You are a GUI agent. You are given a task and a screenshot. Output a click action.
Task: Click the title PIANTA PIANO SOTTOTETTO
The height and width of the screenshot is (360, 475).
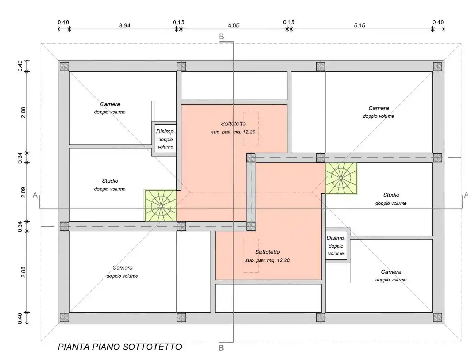coord(119,347)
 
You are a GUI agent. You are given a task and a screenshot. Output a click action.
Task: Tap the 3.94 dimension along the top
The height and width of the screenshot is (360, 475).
coord(125,26)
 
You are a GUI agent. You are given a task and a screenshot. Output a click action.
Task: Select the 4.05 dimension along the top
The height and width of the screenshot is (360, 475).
coord(233,26)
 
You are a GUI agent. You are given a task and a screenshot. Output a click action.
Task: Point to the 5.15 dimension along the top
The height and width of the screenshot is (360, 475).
coord(359,26)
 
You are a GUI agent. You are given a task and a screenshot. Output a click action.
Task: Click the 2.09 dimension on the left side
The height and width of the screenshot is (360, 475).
coord(23,192)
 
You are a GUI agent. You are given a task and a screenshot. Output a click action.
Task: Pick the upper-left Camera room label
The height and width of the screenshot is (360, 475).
coord(110,104)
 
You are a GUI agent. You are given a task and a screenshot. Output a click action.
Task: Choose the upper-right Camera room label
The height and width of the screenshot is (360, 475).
coord(379,108)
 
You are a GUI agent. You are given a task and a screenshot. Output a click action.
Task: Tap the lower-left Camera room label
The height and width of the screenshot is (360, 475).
coord(122,268)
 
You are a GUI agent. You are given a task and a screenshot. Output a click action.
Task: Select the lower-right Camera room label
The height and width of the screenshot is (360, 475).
coord(391,272)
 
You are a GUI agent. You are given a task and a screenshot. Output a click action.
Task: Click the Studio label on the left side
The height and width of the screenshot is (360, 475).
coord(110,181)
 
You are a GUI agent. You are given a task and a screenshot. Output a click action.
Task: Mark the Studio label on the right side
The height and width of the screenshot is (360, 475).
coord(391,195)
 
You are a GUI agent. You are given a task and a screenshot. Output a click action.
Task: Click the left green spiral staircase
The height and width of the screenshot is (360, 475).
coord(161,205)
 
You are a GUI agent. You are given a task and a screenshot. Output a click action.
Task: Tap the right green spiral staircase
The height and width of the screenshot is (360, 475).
coord(341,178)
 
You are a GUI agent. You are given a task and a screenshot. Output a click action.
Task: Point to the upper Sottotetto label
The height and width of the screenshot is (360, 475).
coord(233,124)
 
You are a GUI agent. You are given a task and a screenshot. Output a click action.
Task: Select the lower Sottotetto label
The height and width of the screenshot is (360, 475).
coord(267,252)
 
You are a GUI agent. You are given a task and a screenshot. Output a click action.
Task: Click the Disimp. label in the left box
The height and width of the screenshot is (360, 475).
coord(165,132)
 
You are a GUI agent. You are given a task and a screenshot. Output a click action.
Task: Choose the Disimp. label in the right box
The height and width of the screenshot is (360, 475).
coord(336,238)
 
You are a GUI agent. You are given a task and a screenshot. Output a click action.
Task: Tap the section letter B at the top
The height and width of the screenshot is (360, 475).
coord(221,36)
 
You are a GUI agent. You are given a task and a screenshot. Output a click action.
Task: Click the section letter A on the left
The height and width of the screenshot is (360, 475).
coord(35,195)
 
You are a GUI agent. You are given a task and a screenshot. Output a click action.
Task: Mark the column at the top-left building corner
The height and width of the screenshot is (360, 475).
coord(65,67)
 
